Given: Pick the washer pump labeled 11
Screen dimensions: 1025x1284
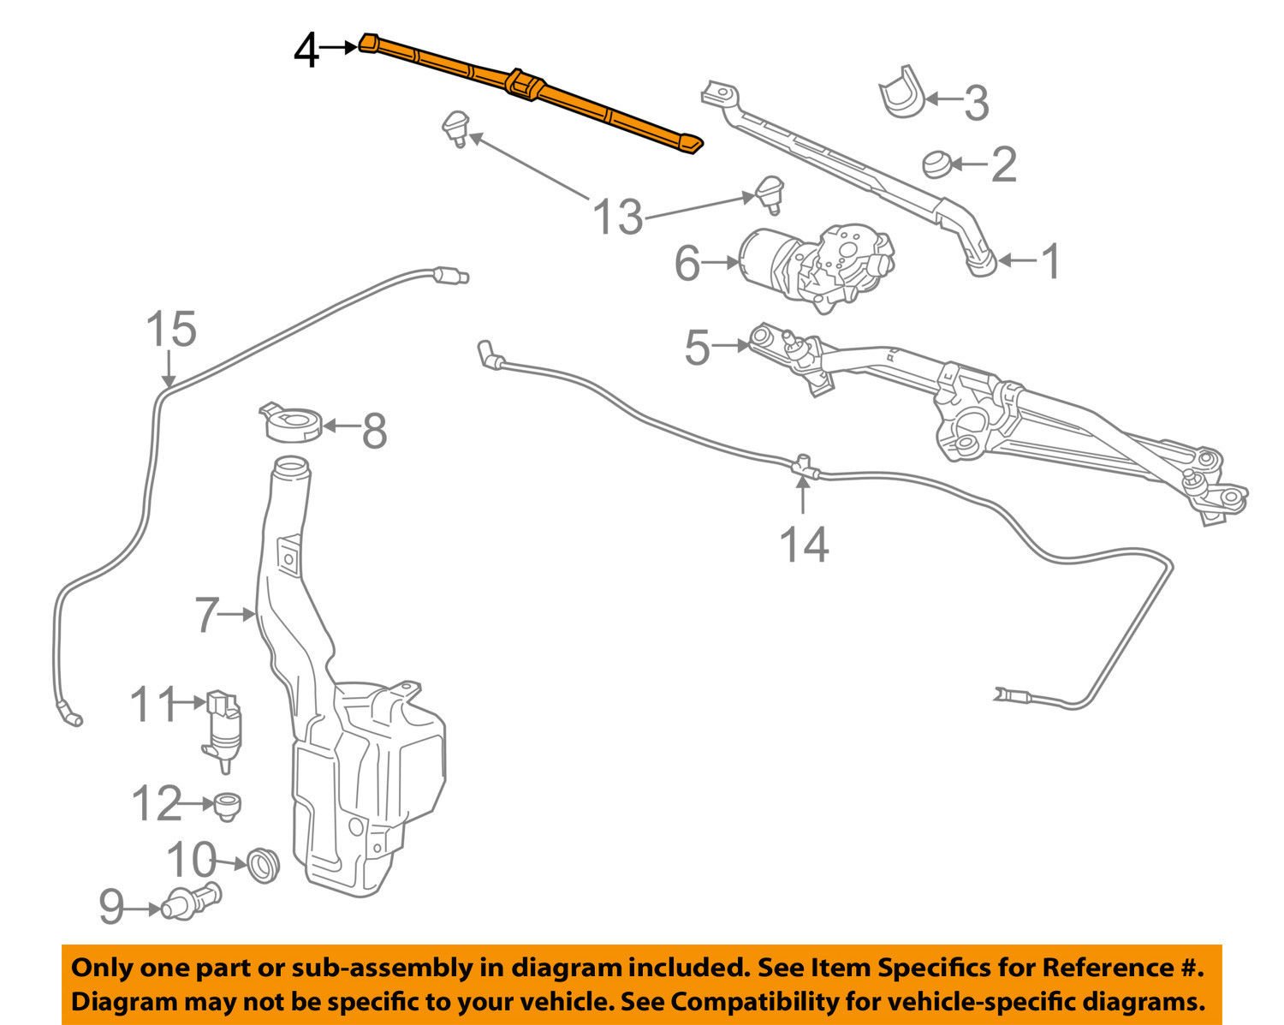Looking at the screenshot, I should coord(223,724).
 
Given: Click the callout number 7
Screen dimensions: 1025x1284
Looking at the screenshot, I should coord(206,614).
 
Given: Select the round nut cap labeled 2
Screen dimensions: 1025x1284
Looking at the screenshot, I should coord(939,162).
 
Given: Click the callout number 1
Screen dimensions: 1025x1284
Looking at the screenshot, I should coord(1049,260).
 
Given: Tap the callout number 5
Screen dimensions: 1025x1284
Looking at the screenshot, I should coord(698,347).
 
